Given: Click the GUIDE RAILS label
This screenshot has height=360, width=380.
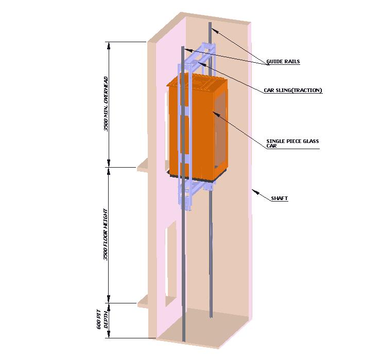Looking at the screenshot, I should (283, 62).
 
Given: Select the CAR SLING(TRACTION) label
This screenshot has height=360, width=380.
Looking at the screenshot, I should (292, 91).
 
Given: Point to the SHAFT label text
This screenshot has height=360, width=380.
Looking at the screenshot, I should (279, 198).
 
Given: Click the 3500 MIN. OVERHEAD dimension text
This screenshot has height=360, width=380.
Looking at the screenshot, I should (106, 103).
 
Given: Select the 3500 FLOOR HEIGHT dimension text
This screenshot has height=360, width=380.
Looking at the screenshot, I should (106, 234).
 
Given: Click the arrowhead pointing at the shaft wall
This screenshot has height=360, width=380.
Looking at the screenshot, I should (253, 191).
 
